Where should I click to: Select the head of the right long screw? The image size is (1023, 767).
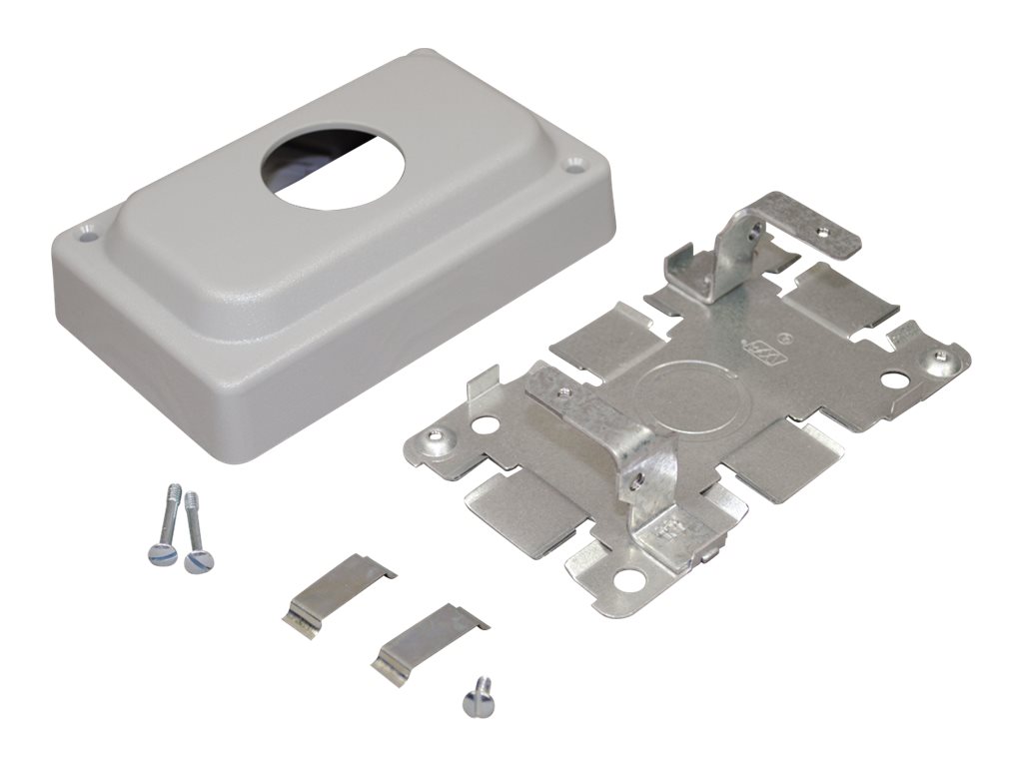[x=194, y=561]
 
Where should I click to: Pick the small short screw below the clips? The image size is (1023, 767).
[x=478, y=695]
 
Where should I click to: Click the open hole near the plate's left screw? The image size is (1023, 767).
[x=488, y=423]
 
